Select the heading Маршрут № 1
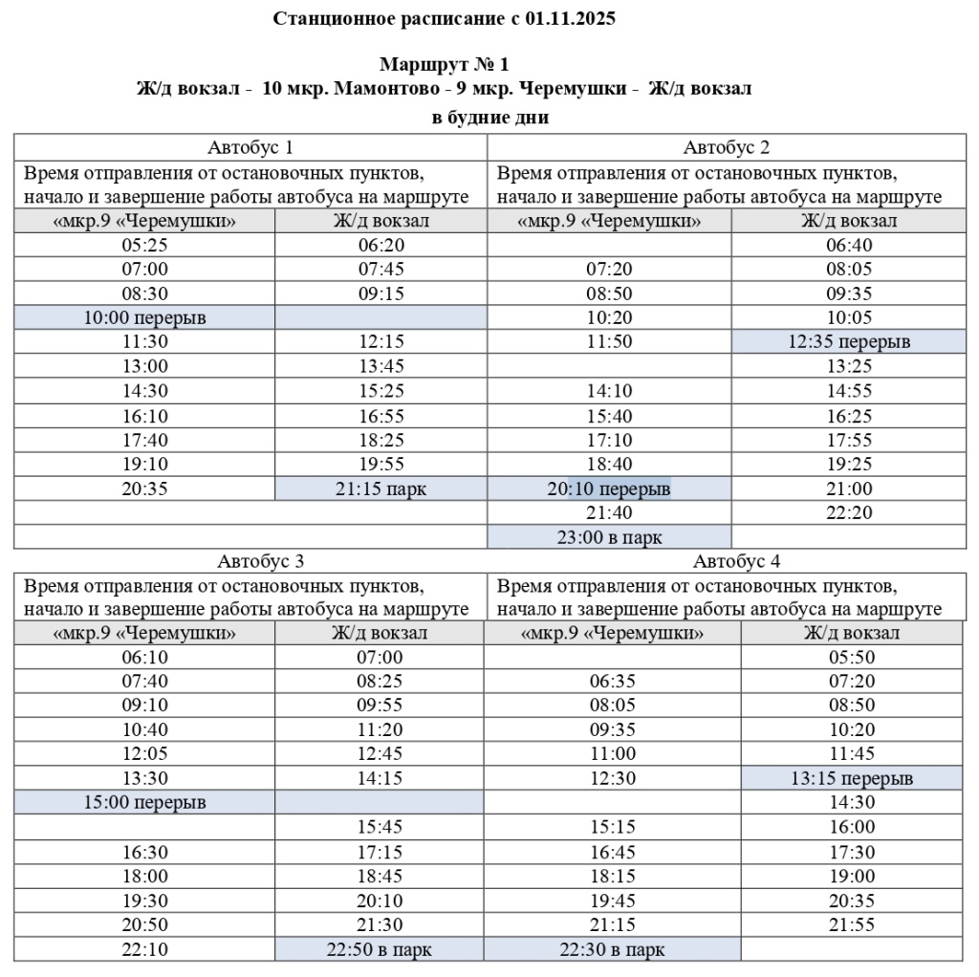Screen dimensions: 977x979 point(444,65)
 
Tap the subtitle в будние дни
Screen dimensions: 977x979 point(490,118)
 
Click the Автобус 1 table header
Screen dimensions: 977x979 point(250,147)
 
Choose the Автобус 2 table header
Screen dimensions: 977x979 point(727,147)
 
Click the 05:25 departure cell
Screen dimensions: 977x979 point(144,245)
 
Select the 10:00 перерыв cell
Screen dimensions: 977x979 point(144,317)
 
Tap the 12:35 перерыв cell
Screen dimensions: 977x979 point(849,341)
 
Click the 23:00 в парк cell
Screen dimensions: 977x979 point(609,537)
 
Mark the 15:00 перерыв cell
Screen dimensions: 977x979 point(144,802)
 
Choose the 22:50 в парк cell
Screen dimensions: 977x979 point(380,950)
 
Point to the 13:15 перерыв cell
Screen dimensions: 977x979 point(852,778)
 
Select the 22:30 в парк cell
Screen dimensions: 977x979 point(613,950)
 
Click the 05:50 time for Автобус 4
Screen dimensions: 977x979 point(851,657)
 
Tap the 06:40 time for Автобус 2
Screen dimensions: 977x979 point(849,245)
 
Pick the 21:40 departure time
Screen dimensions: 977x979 point(609,513)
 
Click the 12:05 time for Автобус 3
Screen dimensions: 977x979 point(144,753)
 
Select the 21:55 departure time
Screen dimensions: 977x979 point(851,924)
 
